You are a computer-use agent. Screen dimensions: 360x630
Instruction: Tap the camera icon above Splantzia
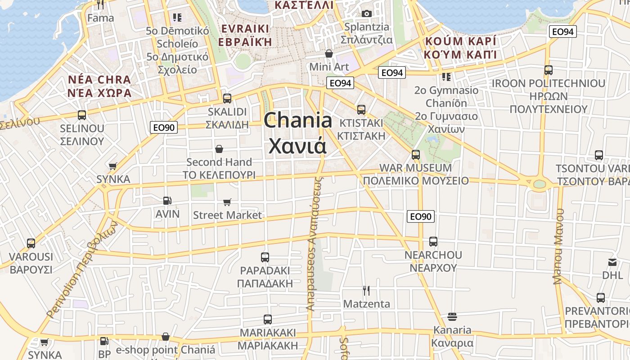[x=367, y=13]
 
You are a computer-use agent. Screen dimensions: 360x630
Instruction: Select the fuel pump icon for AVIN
[x=167, y=200]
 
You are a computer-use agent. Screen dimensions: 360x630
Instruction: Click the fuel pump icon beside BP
[x=104, y=342]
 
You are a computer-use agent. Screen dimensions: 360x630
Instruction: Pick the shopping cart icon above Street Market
[x=227, y=202]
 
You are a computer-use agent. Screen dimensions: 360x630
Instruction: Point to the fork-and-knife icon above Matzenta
[x=366, y=291]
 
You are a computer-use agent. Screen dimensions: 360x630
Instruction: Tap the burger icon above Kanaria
[x=452, y=317]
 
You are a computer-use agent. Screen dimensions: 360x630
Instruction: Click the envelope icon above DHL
[x=612, y=262]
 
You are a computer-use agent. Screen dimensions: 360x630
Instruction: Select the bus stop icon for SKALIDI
[x=227, y=98]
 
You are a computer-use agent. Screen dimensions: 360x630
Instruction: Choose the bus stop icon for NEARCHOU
[x=433, y=242]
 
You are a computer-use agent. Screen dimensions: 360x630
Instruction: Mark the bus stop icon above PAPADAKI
[x=265, y=257]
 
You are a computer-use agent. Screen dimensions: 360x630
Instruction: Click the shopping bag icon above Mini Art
[x=329, y=54]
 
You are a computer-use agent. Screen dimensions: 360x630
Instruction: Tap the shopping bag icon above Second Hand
[x=219, y=148]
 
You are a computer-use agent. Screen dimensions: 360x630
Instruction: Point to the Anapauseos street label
[x=315, y=243]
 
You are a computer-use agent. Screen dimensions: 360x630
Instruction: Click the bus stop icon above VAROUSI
[x=31, y=243]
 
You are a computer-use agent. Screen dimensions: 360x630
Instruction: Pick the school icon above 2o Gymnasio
[x=446, y=77]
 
